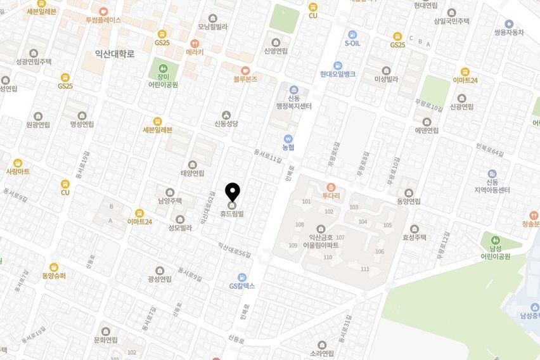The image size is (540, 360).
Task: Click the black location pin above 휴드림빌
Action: [233, 191]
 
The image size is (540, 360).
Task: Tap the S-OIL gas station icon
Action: [352, 34]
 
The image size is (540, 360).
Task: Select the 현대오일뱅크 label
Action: [337, 74]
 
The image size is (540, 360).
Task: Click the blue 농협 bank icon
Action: [288, 138]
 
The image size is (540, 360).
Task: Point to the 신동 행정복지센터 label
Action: [293, 102]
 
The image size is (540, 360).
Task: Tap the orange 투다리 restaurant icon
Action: [330, 187]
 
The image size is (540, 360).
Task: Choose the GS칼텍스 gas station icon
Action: [241, 277]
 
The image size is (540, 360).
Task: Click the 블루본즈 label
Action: [245, 79]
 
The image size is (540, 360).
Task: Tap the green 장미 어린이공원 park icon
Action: [163, 67]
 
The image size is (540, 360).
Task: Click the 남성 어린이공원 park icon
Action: [495, 241]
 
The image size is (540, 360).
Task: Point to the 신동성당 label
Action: [226, 124]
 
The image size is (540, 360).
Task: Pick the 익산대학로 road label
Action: [115, 54]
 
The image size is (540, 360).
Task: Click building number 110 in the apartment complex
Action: [328, 257]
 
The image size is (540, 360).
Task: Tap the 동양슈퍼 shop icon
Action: [54, 267]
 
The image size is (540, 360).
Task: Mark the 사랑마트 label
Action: [18, 171]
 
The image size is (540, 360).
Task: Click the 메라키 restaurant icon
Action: [195, 44]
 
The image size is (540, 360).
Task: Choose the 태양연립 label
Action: [193, 173]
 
